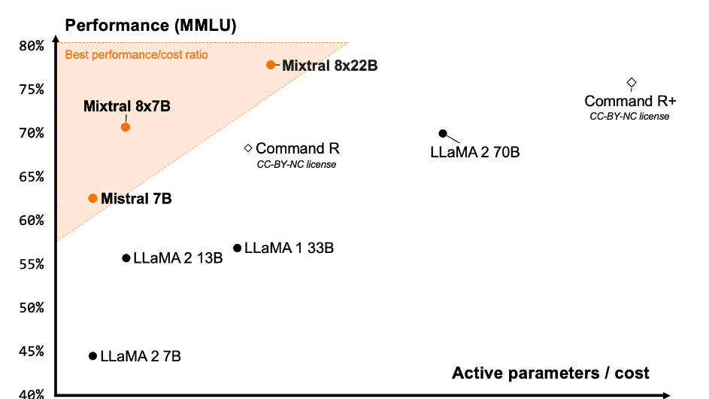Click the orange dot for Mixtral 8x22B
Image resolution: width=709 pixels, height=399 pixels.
tap(271, 65)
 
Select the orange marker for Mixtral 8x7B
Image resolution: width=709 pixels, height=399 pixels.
tap(126, 127)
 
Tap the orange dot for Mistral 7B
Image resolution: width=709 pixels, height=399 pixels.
tap(92, 198)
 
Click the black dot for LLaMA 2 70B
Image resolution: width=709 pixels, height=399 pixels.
tap(443, 134)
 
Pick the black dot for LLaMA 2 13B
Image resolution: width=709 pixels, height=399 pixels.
tap(126, 258)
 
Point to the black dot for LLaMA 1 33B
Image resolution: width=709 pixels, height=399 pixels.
tap(238, 248)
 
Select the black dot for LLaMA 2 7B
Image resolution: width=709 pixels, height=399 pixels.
tap(93, 355)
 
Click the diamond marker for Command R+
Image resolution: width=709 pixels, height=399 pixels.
tap(632, 82)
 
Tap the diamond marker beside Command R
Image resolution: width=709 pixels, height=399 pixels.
tap(248, 148)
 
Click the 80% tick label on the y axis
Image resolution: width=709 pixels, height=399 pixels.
tap(31, 46)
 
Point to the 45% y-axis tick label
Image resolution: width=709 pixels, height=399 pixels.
tap(31, 352)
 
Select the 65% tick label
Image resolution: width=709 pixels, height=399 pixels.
tap(31, 177)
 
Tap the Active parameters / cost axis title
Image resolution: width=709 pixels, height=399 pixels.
tap(550, 373)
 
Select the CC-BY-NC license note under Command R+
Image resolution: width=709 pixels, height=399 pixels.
tap(629, 116)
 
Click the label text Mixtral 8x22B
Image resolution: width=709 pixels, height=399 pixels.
tap(329, 65)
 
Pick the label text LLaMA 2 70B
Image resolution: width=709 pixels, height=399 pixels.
tap(475, 152)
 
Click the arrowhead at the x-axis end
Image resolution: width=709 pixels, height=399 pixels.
tap(666, 394)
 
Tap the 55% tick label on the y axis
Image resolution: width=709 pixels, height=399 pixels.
tap(31, 264)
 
